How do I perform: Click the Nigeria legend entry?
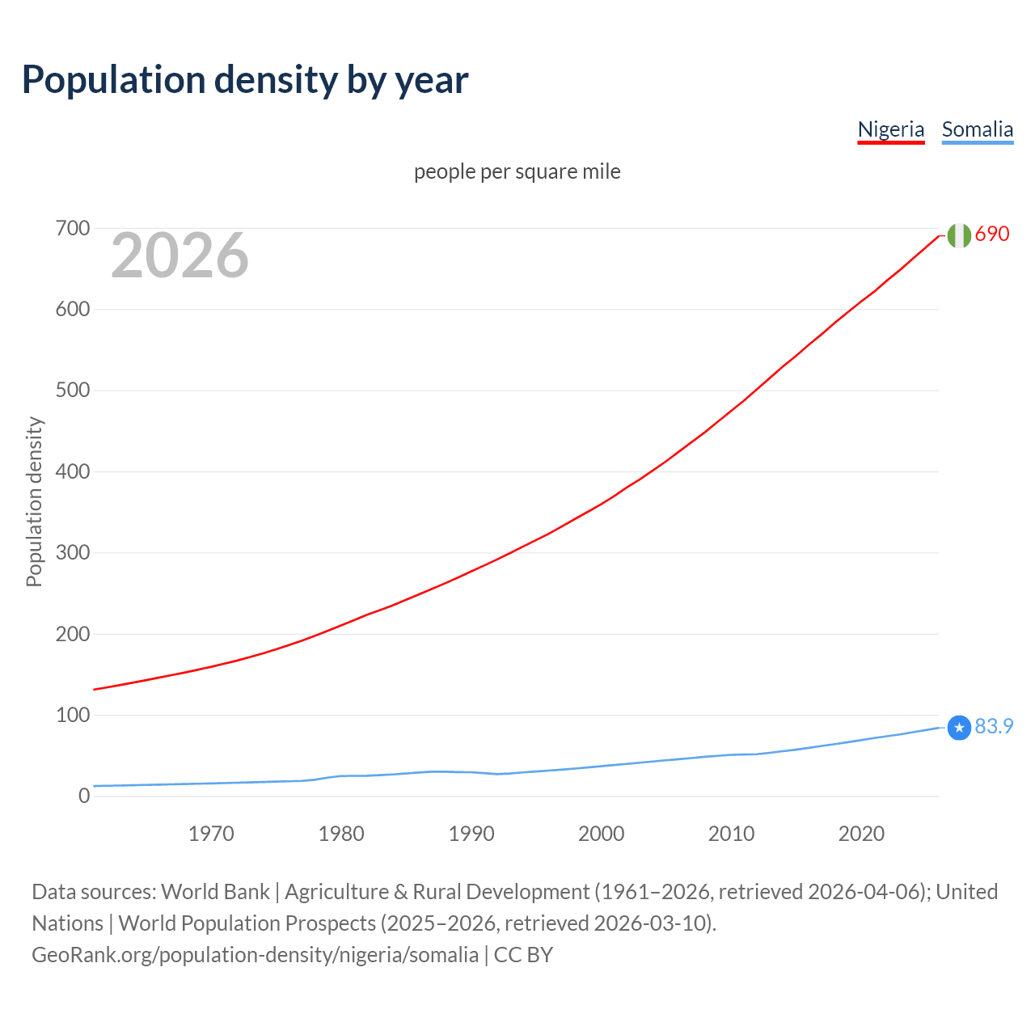tap(890, 129)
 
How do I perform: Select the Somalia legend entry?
tap(977, 129)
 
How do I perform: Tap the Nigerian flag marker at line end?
tap(959, 235)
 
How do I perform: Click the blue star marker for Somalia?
tap(959, 728)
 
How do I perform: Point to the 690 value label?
tap(992, 234)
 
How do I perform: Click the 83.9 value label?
tap(994, 726)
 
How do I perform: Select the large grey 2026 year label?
tap(180, 256)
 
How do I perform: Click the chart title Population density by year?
tap(245, 79)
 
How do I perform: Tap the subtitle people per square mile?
tap(517, 171)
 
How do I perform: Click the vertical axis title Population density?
tap(34, 501)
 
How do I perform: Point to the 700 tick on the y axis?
tap(73, 228)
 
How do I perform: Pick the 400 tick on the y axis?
tap(73, 471)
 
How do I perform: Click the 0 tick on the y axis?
tap(84, 796)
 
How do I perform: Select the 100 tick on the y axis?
tap(73, 715)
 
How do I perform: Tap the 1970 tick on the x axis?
tap(211, 834)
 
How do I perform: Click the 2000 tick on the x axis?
tap(601, 834)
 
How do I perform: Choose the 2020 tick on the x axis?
tap(861, 834)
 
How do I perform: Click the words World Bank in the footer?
tap(215, 892)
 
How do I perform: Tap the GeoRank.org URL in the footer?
tap(255, 955)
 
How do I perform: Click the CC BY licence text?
tap(523, 955)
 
